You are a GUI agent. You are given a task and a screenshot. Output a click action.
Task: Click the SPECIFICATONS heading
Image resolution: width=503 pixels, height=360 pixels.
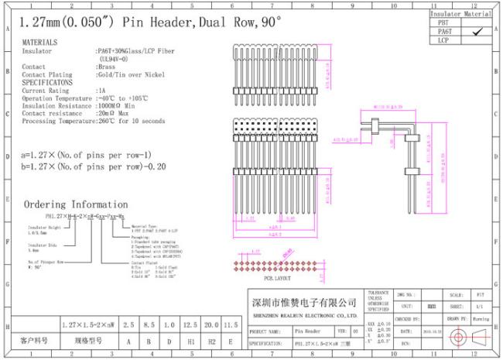tap(47, 81)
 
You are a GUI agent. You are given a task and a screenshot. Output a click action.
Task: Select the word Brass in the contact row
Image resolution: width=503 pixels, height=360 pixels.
tap(106, 67)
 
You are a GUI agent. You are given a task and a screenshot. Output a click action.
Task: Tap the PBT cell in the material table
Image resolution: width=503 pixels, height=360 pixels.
tap(443, 22)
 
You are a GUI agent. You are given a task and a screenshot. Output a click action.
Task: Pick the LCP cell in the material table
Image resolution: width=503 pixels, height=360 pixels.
tap(443, 39)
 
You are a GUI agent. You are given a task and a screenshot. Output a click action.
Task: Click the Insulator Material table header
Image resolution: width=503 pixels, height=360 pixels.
tap(460, 14)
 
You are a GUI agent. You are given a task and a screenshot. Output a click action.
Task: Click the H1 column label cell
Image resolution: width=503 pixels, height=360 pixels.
tap(189, 340)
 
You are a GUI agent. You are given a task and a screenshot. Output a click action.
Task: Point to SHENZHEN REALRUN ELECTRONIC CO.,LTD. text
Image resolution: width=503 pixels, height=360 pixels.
tap(305, 315)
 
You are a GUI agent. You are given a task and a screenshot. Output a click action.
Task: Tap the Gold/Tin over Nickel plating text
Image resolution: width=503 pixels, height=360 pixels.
tap(125, 74)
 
